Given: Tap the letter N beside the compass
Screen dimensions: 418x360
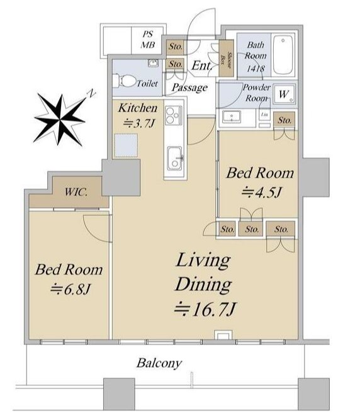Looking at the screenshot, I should pyautogui.click(x=92, y=93).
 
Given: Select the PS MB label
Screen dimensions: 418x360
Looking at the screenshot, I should pyautogui.click(x=147, y=39).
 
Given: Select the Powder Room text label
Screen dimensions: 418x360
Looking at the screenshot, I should pyautogui.click(x=256, y=93).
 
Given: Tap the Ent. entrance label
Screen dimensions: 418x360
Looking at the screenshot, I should pyautogui.click(x=201, y=65).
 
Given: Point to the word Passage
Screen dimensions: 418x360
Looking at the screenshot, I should pyautogui.click(x=189, y=88).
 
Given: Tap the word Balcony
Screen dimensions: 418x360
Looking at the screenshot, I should pyautogui.click(x=159, y=363).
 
